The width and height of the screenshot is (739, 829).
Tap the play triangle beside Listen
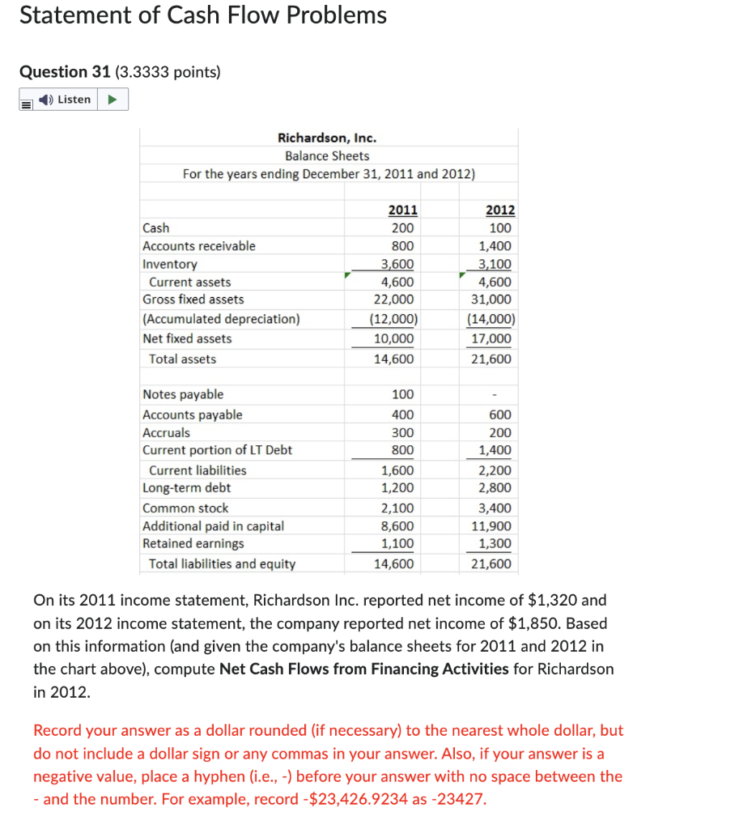tap(113, 100)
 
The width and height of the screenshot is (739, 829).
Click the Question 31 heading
tap(65, 72)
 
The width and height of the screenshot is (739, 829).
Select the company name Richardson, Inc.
tap(327, 138)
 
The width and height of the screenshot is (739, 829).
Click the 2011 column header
tap(402, 210)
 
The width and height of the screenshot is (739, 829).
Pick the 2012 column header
tap(499, 210)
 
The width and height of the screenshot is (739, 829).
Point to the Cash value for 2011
tap(402, 228)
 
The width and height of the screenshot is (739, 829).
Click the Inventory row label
tap(169, 264)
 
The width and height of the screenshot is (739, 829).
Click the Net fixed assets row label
tap(187, 338)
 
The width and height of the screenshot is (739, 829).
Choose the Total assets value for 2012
tap(491, 359)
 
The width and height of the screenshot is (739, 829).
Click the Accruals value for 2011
tap(402, 432)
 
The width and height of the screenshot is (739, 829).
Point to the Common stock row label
tap(185, 508)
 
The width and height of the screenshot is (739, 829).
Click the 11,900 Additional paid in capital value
tap(491, 526)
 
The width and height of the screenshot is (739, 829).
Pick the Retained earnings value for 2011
tap(397, 544)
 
